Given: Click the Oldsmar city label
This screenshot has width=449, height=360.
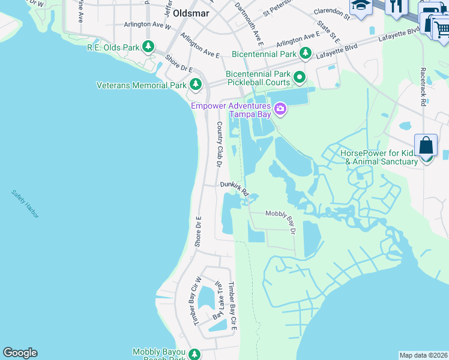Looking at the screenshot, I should pyautogui.click(x=190, y=12).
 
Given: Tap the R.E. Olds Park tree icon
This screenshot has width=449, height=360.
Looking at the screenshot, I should pyautogui.click(x=148, y=47).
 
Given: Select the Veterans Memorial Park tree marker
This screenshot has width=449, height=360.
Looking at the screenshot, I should pyautogui.click(x=195, y=85).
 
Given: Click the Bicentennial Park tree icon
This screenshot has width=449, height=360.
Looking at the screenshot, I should pyautogui.click(x=306, y=54).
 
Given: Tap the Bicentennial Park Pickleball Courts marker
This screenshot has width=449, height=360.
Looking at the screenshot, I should pyautogui.click(x=299, y=77).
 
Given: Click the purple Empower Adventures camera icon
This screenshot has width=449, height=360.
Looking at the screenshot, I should pyautogui.click(x=279, y=109).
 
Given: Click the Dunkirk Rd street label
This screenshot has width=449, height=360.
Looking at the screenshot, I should pyautogui.click(x=234, y=188).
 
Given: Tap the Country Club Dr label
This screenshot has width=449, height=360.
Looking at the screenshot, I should pyautogui.click(x=219, y=144).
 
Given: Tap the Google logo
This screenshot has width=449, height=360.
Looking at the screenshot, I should pyautogui.click(x=20, y=353).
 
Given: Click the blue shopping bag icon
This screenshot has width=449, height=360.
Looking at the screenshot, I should pyautogui.click(x=426, y=145).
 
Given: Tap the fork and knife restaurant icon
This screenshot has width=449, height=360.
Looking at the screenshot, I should pyautogui.click(x=396, y=7).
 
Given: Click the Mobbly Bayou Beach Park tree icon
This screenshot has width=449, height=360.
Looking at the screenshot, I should pyautogui.click(x=194, y=354).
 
